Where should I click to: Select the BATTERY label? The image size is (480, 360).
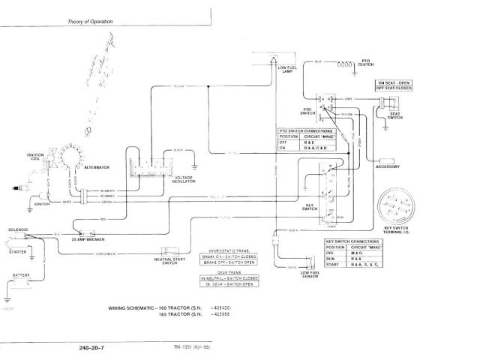[21, 276]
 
